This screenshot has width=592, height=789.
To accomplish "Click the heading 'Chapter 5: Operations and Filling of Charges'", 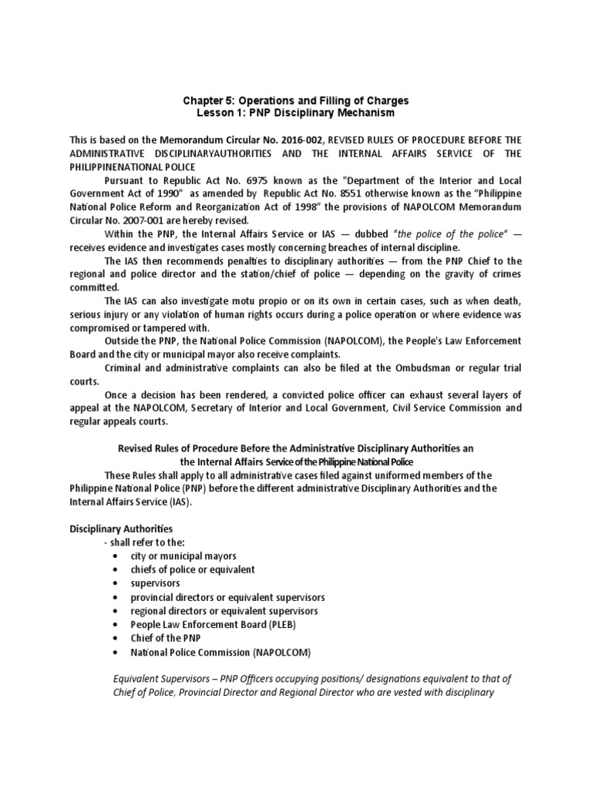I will (x=296, y=101).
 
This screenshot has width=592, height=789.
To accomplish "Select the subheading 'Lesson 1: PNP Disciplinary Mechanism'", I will (x=296, y=113).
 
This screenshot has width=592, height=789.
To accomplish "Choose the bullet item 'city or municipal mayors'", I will (x=183, y=556).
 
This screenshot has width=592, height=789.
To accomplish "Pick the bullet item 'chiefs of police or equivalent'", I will (x=193, y=569).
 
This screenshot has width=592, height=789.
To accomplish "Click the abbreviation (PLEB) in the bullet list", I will (x=280, y=624).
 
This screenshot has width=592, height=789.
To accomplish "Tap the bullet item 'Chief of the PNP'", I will (x=166, y=638).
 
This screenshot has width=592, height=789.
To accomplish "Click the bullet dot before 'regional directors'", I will (x=115, y=611).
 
